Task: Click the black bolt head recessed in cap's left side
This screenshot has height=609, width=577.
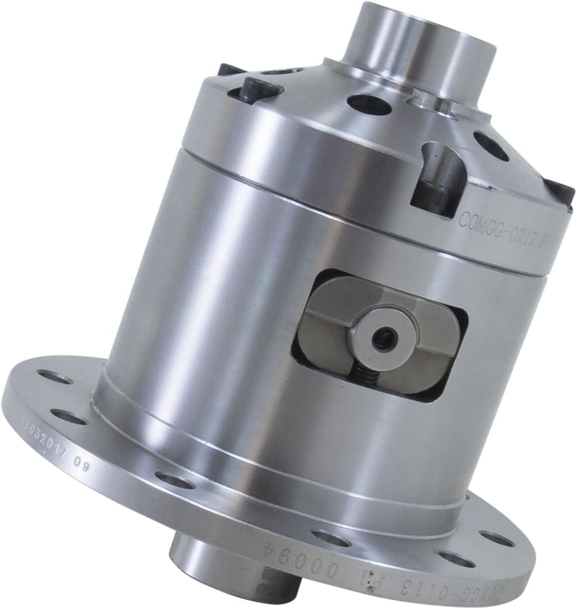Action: pos(259,90)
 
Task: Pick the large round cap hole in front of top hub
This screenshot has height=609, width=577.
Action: pos(369,105)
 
